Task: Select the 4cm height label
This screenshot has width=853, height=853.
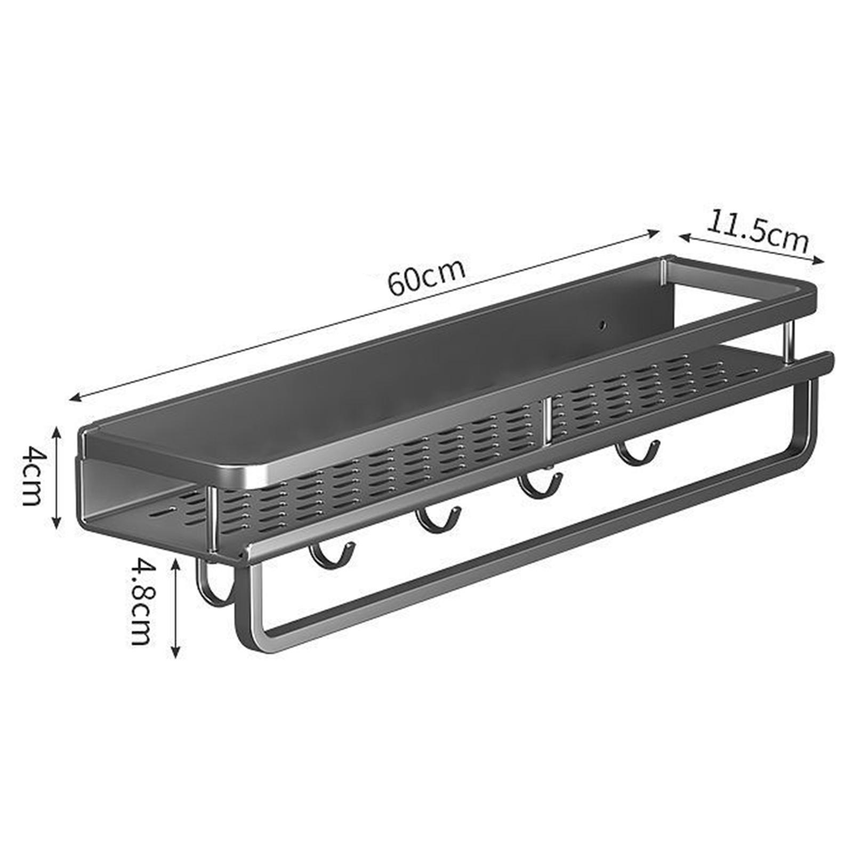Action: click(31, 476)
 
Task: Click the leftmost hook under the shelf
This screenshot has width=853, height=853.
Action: click(215, 584)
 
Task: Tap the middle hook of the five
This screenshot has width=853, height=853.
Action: click(439, 523)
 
